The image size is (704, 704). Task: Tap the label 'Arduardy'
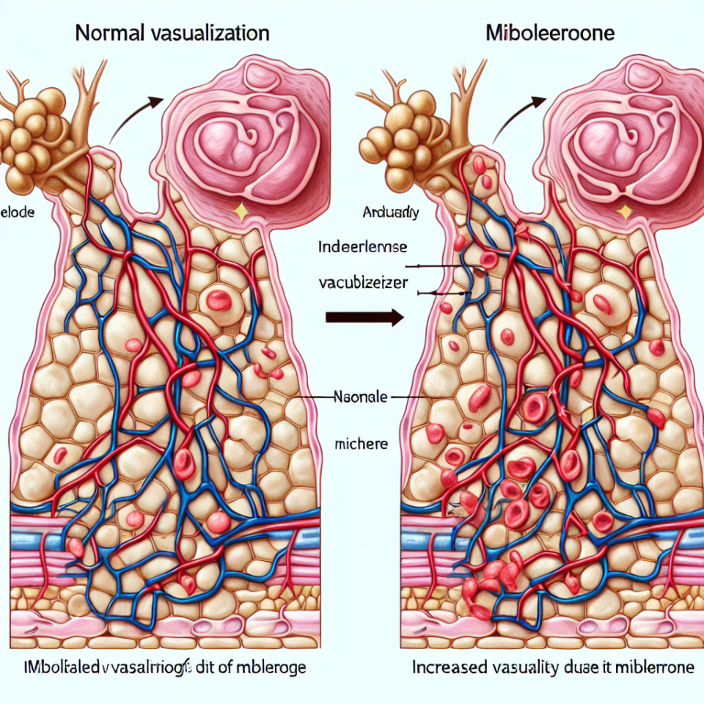tap(391, 213)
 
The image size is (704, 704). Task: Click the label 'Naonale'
tap(359, 396)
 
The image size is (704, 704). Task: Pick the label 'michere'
tap(361, 444)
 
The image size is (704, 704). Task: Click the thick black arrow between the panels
tap(364, 317)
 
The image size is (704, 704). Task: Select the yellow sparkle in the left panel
tap(238, 212)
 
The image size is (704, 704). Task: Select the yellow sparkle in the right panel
tap(624, 212)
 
